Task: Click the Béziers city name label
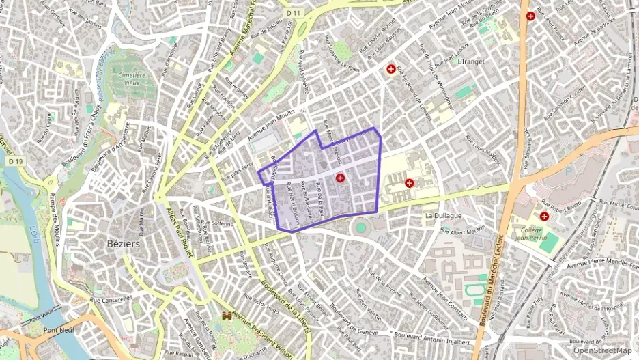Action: coord(123,243)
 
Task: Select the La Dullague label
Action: coord(443,215)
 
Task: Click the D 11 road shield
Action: coord(294,13)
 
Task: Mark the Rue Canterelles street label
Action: coord(111,299)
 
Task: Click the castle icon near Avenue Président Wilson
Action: coord(227,317)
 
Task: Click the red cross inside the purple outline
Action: coord(340,178)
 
